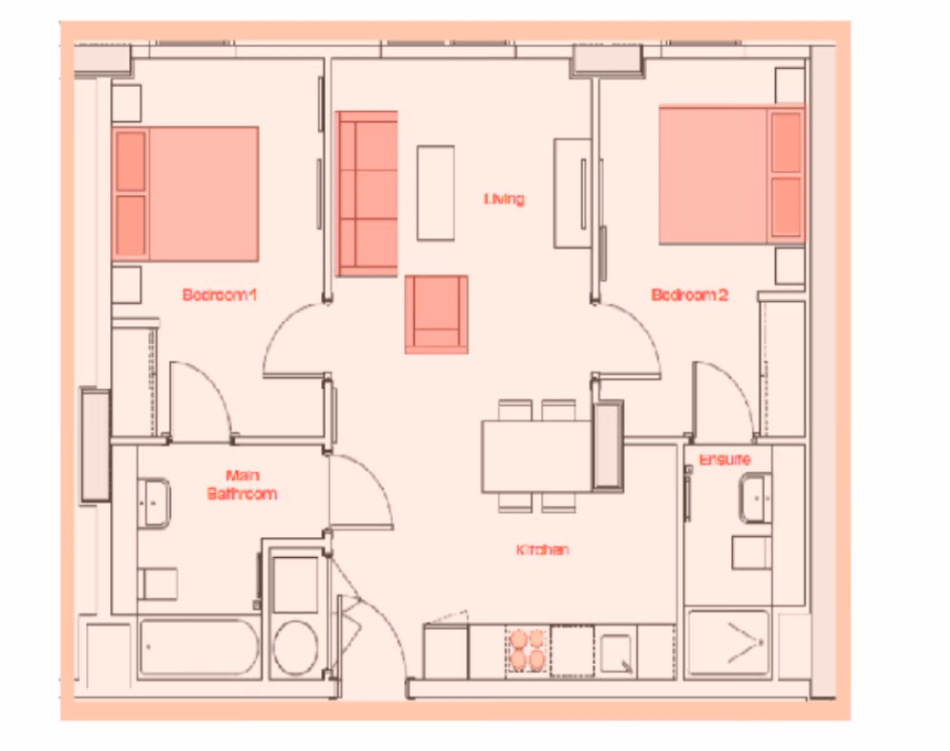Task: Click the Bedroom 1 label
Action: [220, 295]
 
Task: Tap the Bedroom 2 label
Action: [690, 295]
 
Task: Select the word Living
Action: [504, 200]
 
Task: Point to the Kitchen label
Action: [543, 550]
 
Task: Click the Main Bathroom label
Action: [243, 484]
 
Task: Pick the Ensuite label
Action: [723, 461]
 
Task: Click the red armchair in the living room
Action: [437, 313]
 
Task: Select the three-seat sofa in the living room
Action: [366, 193]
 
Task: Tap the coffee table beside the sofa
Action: [436, 193]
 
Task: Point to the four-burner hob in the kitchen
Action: [526, 649]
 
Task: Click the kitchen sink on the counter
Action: [616, 652]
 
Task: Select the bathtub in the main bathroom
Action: [199, 648]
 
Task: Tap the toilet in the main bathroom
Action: [158, 582]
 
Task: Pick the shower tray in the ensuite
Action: [728, 642]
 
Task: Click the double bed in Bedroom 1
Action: [186, 193]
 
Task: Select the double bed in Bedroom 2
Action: [731, 174]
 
